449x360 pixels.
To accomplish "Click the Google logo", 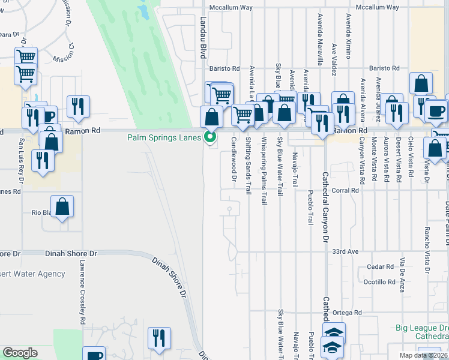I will point(20,353).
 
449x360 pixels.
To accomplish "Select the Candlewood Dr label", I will point(234,159).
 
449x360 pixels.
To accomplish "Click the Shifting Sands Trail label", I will point(248,166).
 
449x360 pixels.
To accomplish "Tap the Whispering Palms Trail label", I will point(264,171).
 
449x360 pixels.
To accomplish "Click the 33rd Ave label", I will point(345,251).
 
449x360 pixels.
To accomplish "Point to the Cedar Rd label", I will point(381,266).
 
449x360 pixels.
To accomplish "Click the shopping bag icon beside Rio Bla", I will point(62,207).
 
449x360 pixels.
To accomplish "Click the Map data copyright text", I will point(424,355).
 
